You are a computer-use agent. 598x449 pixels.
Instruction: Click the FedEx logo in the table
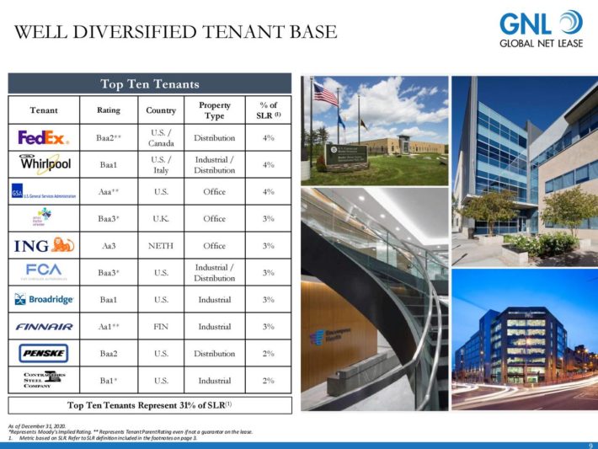(44, 137)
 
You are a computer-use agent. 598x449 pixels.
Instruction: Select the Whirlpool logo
(44, 164)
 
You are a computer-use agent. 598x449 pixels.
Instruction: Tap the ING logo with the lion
(44, 245)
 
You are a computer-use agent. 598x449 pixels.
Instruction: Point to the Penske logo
(44, 353)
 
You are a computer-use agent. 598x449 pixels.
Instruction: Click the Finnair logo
(44, 326)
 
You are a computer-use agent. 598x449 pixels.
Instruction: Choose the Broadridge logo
(44, 299)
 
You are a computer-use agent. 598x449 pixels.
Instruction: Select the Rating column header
(109, 110)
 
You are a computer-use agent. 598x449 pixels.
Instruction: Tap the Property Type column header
(214, 110)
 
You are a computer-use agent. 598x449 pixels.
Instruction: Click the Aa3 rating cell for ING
(109, 245)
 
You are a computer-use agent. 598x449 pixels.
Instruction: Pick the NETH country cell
(161, 245)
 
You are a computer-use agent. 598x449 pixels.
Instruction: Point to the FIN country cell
(161, 326)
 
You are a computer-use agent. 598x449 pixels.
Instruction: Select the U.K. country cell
(161, 218)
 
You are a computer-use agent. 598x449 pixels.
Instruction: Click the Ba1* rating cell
(109, 380)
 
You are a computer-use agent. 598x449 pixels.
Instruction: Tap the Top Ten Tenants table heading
(150, 83)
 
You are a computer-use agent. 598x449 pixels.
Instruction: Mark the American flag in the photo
(325, 94)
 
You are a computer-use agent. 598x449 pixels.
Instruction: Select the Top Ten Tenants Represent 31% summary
(150, 404)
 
